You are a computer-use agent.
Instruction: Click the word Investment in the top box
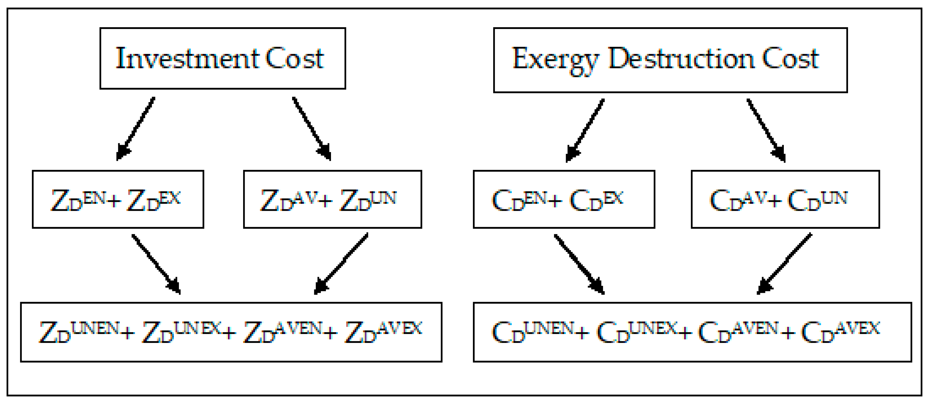click(x=187, y=59)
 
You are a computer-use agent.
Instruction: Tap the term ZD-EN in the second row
click(x=78, y=200)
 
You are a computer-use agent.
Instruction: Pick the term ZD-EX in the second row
click(x=154, y=200)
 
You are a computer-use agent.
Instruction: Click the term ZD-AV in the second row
click(x=289, y=200)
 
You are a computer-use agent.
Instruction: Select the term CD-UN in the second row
click(x=817, y=200)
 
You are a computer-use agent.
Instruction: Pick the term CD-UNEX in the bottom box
click(x=637, y=332)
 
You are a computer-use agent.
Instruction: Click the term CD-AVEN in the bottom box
click(x=738, y=332)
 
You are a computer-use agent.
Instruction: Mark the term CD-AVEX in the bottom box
click(x=840, y=332)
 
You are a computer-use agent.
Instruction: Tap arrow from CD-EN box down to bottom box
click(x=579, y=264)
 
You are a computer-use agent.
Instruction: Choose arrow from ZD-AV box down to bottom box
click(x=341, y=264)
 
